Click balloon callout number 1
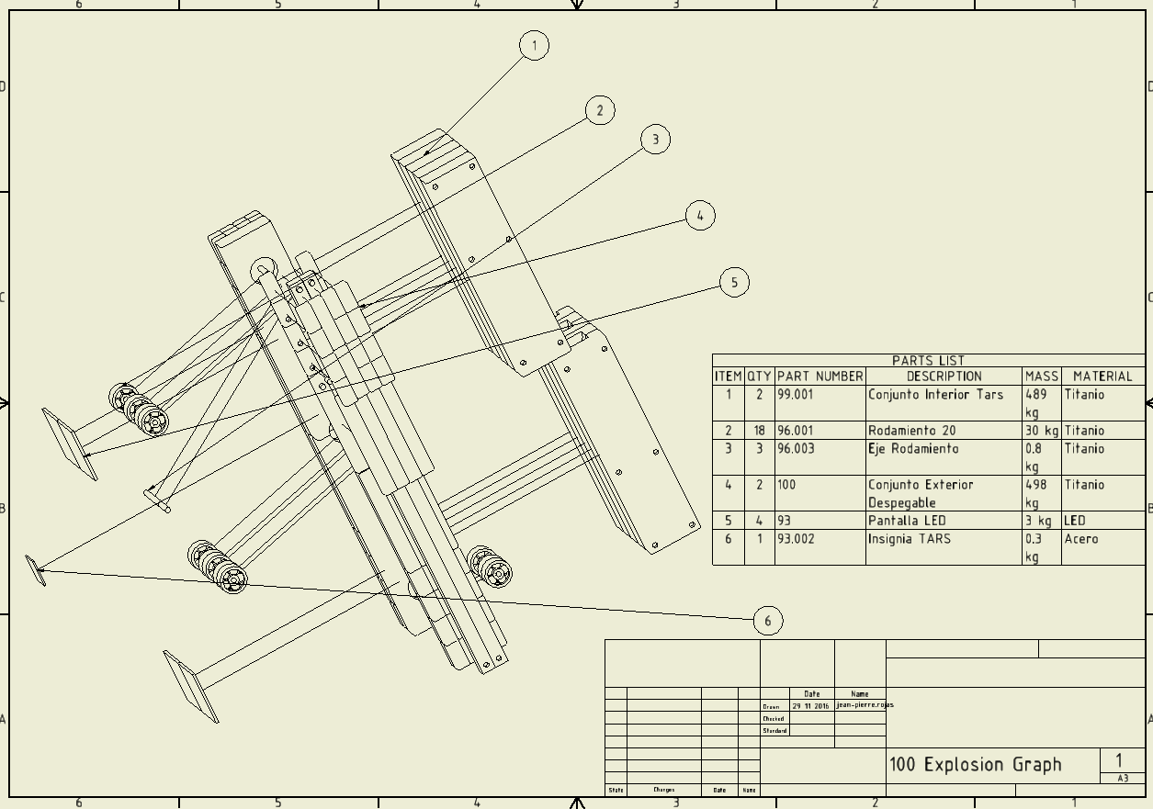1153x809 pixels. pyautogui.click(x=534, y=45)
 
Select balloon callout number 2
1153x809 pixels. pyautogui.click(x=600, y=111)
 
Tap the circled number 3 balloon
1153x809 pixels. pyautogui.click(x=655, y=140)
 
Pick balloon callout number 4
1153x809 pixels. pyautogui.click(x=700, y=216)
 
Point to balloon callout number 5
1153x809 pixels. pyautogui.click(x=734, y=282)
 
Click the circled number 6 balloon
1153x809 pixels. pyautogui.click(x=768, y=622)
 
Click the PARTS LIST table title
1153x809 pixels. pyautogui.click(x=928, y=361)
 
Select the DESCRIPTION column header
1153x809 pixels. pyautogui.click(x=944, y=376)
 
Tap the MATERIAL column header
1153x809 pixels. pyautogui.click(x=1102, y=376)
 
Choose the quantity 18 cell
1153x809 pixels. pyautogui.click(x=759, y=431)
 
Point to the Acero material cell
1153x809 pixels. pyautogui.click(x=1081, y=539)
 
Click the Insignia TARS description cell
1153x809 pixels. pyautogui.click(x=909, y=539)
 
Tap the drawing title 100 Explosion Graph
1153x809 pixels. pyautogui.click(x=975, y=765)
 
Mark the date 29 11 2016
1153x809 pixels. pyautogui.click(x=810, y=706)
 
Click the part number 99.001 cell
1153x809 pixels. pyautogui.click(x=796, y=395)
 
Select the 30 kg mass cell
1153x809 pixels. pyautogui.click(x=1042, y=431)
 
